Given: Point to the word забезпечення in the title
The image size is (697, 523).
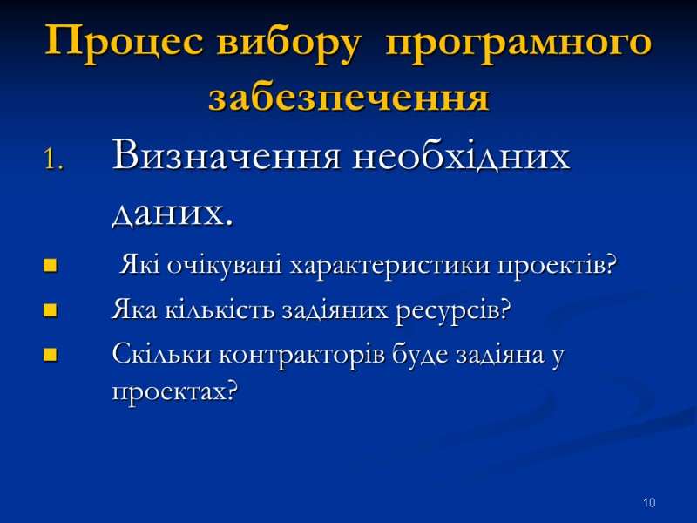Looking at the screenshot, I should tap(348, 98).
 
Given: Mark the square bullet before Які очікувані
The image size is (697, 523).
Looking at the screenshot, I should tap(49, 266).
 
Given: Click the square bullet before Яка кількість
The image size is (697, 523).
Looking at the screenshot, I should tap(49, 310).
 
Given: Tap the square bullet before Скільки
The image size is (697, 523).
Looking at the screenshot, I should tap(49, 355).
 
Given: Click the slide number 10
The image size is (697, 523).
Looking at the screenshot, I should tap(649, 503).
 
